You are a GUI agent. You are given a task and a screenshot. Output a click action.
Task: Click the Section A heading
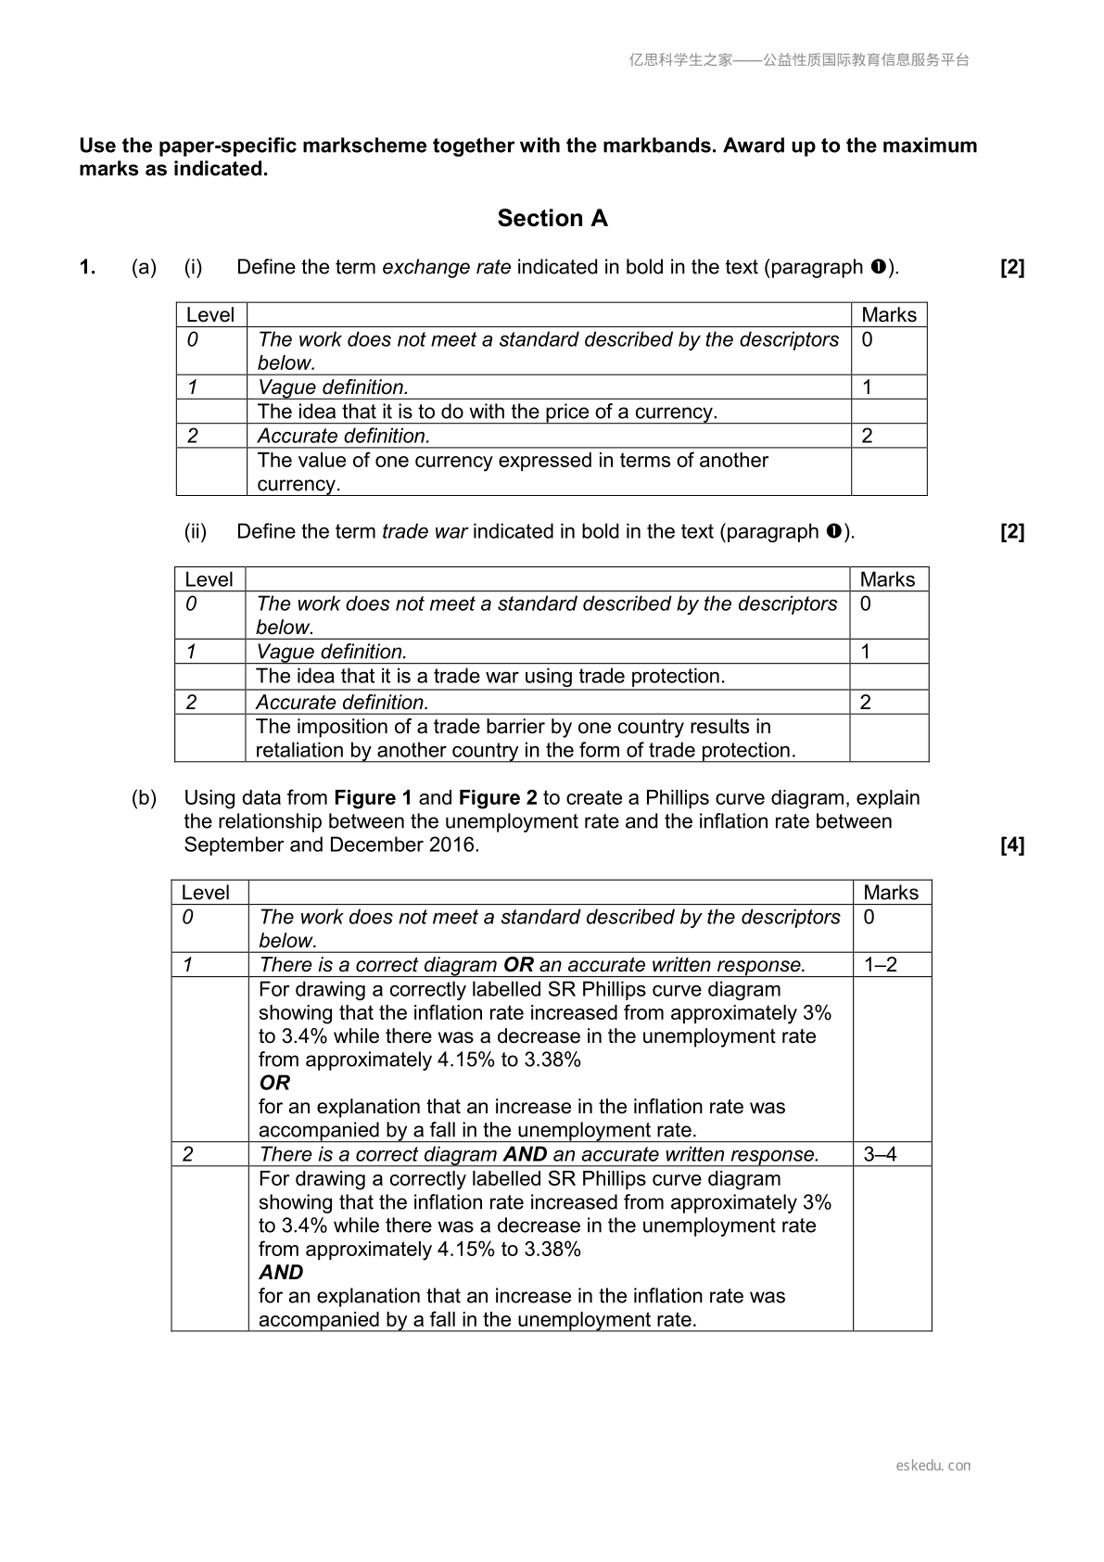[x=552, y=219]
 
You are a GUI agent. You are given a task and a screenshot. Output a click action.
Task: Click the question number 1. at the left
[x=87, y=268]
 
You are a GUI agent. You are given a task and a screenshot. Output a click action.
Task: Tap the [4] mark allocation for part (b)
[x=1012, y=845]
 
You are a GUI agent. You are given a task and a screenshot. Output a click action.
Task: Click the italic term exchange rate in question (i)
[x=446, y=268]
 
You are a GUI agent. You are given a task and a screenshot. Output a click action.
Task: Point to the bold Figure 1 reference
[x=373, y=798]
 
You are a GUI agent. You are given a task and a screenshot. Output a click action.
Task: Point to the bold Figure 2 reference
[x=498, y=798]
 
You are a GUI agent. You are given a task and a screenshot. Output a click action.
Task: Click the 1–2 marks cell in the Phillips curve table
[x=881, y=965]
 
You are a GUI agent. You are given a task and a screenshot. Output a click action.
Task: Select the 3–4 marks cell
[x=881, y=1155]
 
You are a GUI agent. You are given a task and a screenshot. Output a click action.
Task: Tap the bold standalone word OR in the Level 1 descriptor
[x=274, y=1084]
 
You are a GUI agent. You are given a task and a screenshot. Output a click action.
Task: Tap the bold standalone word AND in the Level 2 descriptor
[x=281, y=1273]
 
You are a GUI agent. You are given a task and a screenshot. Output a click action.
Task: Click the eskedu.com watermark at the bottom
[x=933, y=1466]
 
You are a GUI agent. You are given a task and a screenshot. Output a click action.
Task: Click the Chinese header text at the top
[x=799, y=60]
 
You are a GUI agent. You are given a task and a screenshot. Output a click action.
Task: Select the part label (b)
[x=144, y=798]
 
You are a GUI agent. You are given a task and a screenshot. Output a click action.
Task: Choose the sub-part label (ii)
[x=196, y=532]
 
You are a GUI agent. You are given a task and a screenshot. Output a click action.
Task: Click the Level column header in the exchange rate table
[x=210, y=315]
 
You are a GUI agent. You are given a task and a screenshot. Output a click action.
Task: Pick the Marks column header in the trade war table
[x=887, y=580]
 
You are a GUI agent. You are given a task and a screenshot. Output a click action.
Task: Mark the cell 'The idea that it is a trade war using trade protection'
[x=490, y=677]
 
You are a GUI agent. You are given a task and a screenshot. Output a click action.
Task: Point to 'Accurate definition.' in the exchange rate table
[x=344, y=437]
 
